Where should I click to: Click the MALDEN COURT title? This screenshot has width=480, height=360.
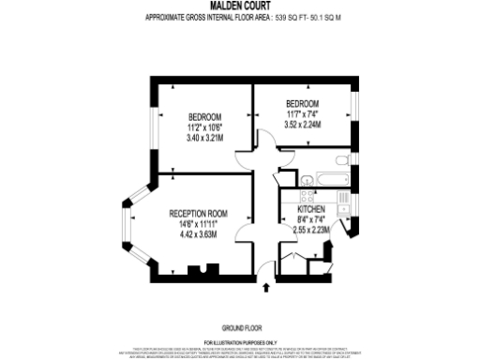click(x=240, y=6)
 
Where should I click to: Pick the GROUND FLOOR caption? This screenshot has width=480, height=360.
click(x=240, y=327)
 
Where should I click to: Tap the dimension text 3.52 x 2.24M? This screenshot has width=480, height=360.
click(x=302, y=124)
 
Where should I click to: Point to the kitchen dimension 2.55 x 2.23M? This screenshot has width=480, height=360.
click(x=310, y=229)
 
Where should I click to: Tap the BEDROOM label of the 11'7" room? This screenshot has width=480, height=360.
click(x=302, y=102)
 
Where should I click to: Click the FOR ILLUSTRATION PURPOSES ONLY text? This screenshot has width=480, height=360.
click(x=240, y=344)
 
